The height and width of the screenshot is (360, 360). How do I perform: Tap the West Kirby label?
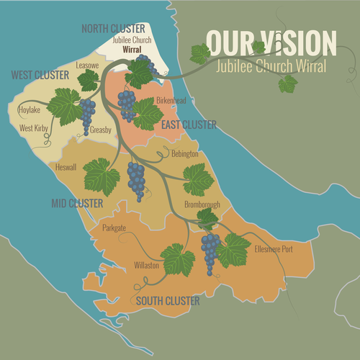click(34, 127)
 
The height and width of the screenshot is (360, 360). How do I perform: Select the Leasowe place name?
click(87, 65)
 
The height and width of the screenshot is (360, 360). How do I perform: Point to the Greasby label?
click(101, 130)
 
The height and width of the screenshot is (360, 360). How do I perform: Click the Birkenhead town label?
click(171, 101)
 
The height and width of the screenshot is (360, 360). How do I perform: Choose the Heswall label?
click(66, 167)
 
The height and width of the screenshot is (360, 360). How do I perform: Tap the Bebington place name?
click(186, 154)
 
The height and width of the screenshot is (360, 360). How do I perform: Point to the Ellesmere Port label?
click(274, 249)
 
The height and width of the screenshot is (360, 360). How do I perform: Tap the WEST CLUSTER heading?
click(40, 75)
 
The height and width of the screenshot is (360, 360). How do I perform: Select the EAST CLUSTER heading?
click(189, 125)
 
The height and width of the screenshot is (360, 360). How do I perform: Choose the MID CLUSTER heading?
click(77, 204)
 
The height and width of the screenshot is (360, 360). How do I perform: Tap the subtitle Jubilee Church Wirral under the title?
click(271, 66)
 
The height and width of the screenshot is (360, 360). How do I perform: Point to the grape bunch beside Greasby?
click(87, 112)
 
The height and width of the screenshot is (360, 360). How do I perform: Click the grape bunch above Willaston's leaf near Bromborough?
click(210, 250)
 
